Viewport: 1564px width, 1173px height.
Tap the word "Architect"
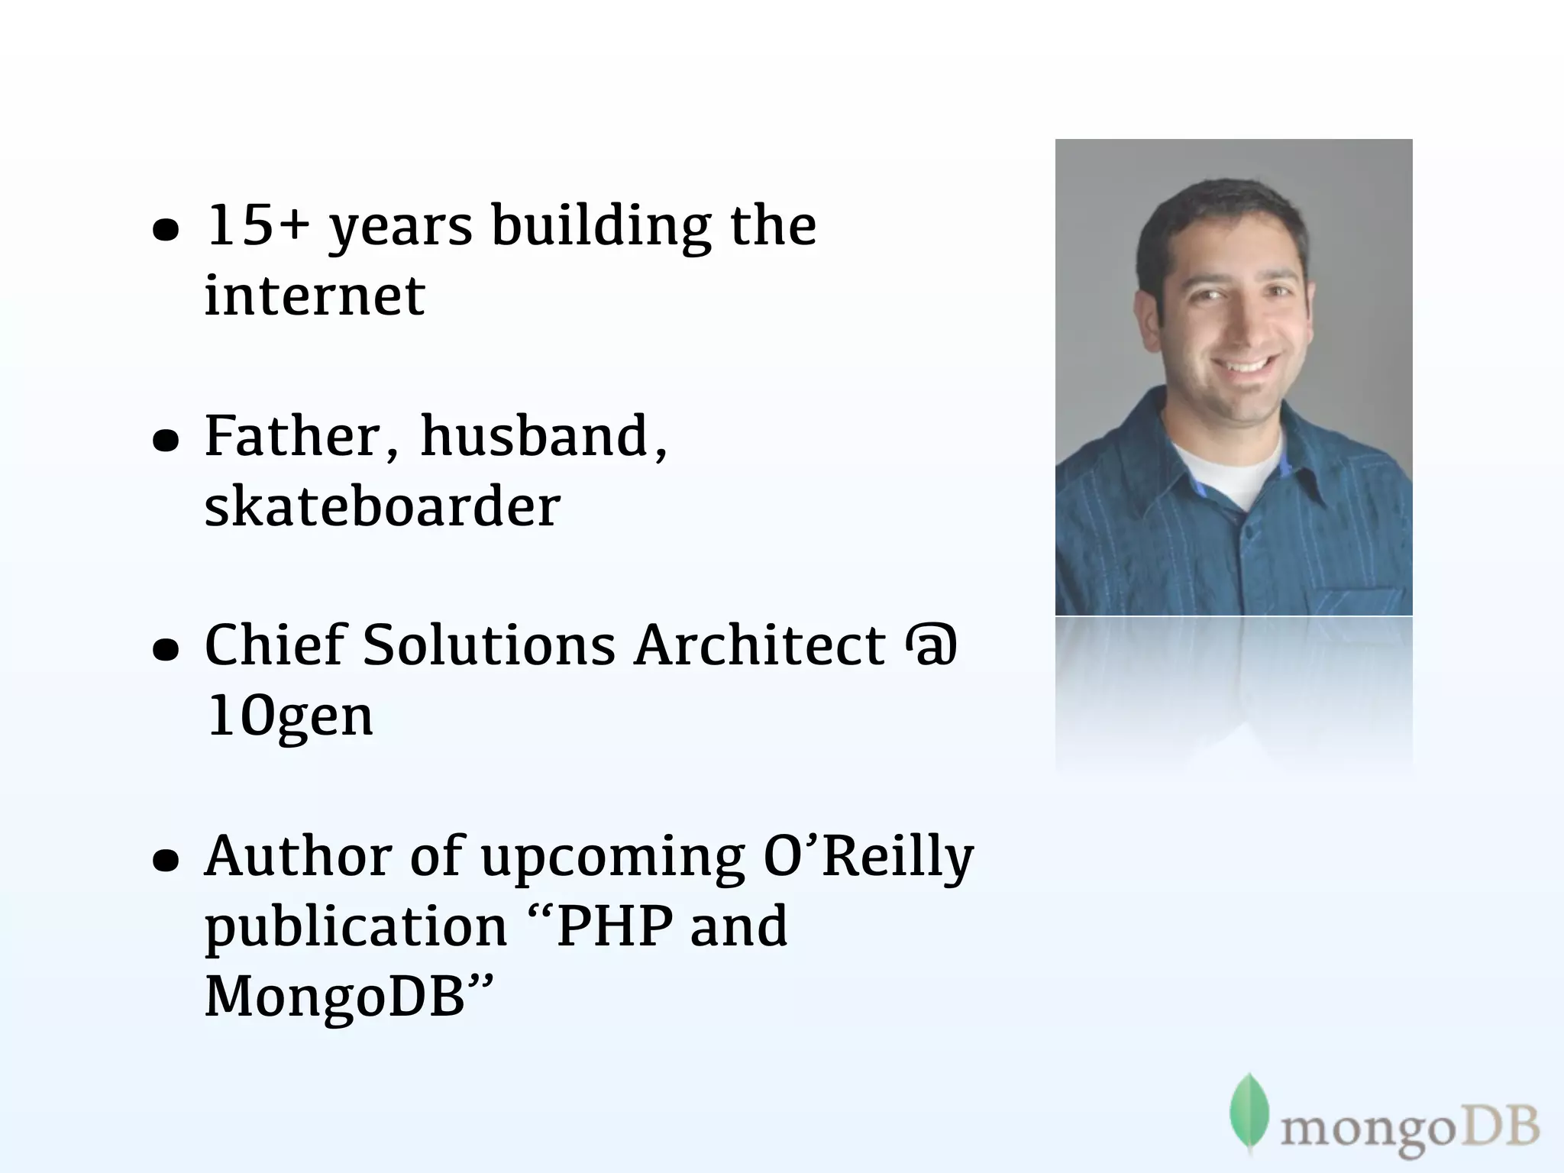click(x=760, y=645)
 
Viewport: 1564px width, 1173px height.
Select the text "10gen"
click(x=289, y=717)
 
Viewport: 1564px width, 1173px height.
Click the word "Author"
click(x=299, y=856)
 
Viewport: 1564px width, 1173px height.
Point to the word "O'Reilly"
click(x=868, y=856)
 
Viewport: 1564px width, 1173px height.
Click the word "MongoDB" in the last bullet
click(x=335, y=997)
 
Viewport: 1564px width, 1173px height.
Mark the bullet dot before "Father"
click(x=166, y=441)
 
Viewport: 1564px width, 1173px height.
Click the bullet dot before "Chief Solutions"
click(x=166, y=650)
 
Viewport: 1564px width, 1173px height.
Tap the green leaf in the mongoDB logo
click(x=1249, y=1110)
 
